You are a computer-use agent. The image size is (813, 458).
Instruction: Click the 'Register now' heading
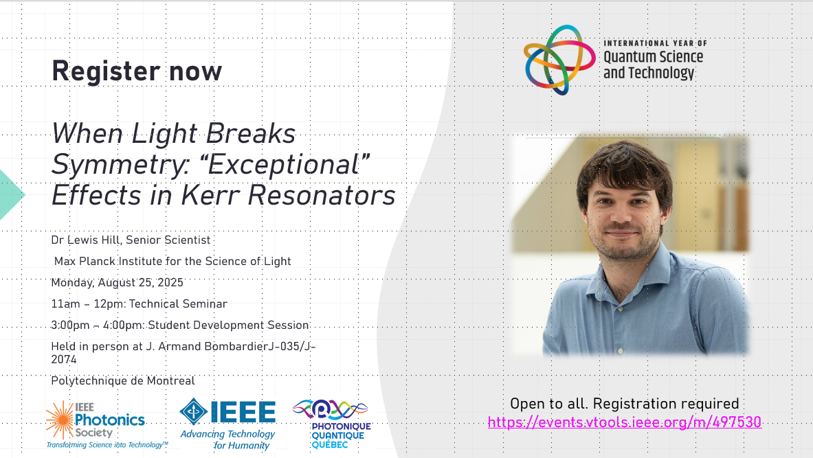(137, 71)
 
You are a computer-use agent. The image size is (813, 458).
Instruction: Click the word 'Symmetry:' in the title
(119, 165)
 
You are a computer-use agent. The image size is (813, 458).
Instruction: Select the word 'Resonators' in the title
(322, 195)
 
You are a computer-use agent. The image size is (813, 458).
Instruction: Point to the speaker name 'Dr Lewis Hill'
(85, 240)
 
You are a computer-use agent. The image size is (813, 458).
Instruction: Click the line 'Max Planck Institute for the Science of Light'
(172, 261)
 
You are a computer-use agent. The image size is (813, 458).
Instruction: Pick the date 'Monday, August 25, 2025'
(118, 282)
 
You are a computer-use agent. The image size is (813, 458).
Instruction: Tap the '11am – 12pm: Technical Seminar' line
(139, 304)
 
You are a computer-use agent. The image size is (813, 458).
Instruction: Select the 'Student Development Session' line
(229, 325)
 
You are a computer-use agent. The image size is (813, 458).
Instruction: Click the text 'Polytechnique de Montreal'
(123, 381)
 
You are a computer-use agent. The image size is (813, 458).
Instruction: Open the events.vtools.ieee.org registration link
(625, 422)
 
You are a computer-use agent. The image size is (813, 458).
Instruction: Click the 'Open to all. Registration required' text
(625, 404)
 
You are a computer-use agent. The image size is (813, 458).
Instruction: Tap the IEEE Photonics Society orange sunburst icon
(60, 420)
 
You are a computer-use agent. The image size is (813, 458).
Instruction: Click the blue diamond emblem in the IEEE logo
(193, 412)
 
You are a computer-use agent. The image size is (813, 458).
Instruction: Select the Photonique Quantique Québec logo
(332, 423)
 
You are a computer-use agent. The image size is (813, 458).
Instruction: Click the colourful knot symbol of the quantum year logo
(559, 60)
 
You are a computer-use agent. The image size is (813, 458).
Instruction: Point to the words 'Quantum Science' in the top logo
(654, 56)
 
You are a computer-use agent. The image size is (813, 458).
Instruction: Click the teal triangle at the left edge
(12, 195)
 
